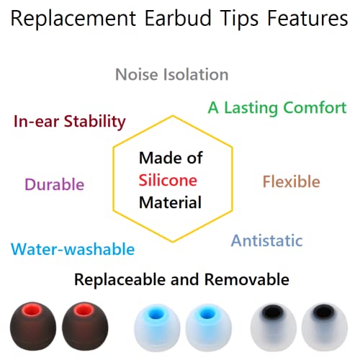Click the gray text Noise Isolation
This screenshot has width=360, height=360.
tap(171, 75)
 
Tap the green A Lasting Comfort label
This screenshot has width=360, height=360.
tap(277, 108)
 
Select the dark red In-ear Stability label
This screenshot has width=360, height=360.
tap(70, 121)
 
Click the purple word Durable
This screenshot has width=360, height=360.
tap(54, 184)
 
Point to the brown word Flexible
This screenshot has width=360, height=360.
tap(291, 181)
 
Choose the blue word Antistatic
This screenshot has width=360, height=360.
tap(266, 240)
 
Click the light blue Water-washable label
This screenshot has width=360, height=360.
tap(73, 249)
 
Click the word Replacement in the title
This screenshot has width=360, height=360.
tap(75, 20)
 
